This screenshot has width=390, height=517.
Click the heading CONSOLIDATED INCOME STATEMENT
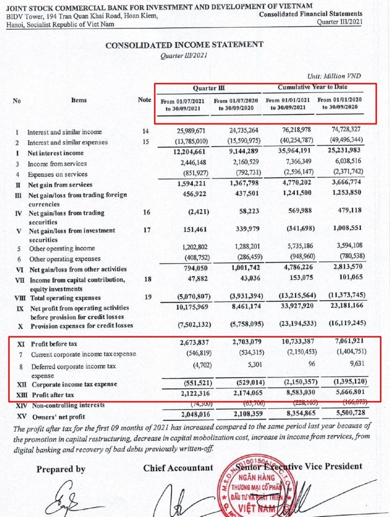pyautogui.click(x=184, y=45)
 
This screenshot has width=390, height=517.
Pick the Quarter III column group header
pyautogui.click(x=208, y=88)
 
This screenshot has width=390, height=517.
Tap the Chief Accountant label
pyautogui.click(x=178, y=468)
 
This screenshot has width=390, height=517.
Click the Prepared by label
pyautogui.click(x=61, y=470)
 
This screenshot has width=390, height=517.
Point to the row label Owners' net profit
pyautogui.click(x=57, y=417)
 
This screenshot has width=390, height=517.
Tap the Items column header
pyautogui.click(x=79, y=100)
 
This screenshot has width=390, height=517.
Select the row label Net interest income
pyautogui.click(x=55, y=153)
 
